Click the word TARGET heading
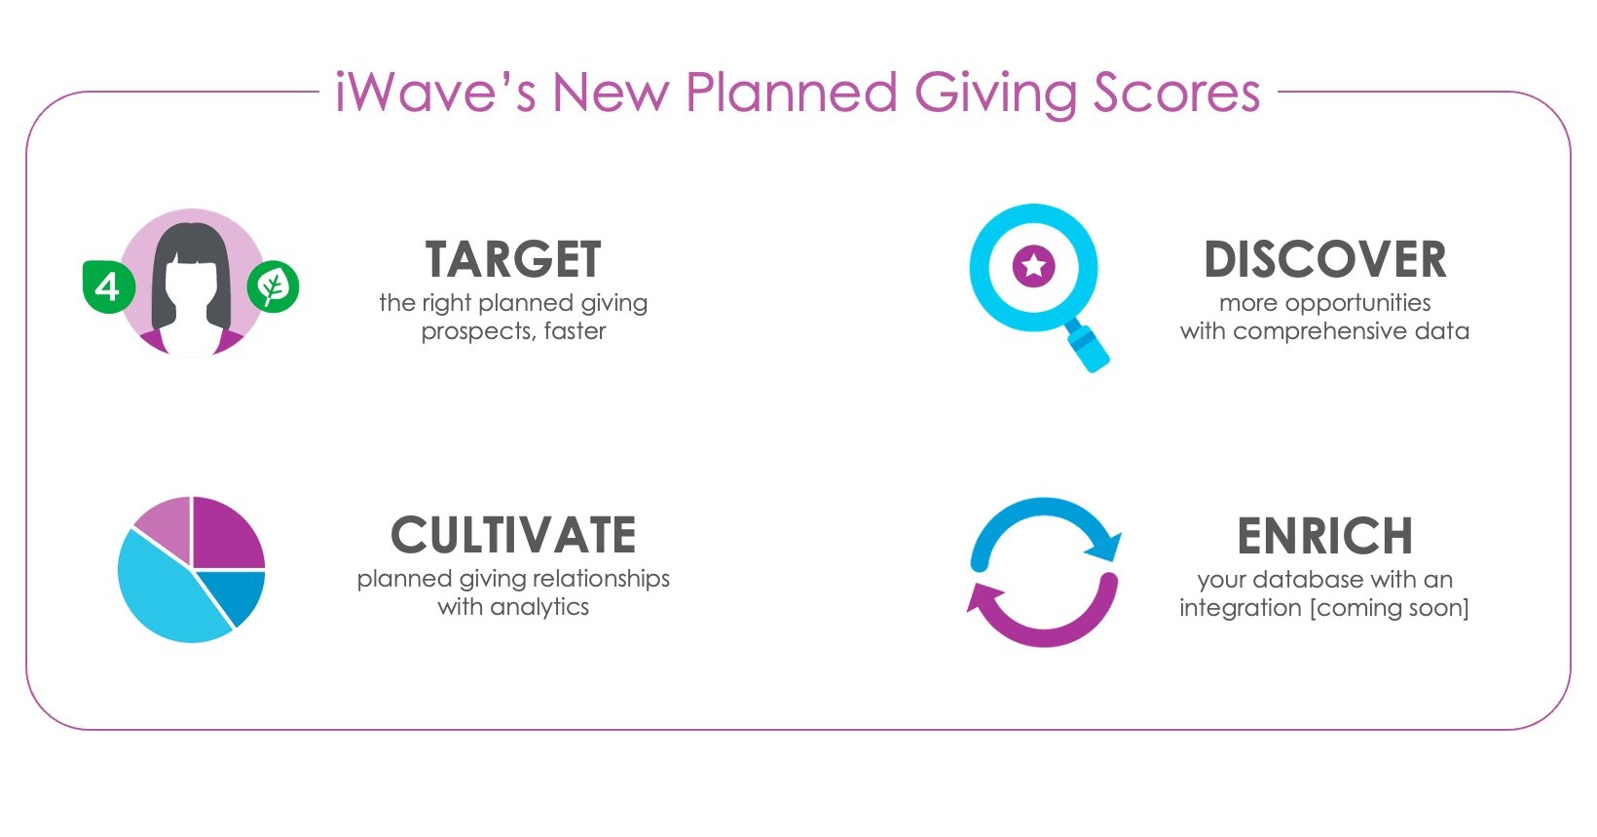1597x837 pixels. (x=513, y=260)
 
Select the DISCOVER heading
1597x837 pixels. (x=1324, y=260)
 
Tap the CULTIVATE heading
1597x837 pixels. (x=513, y=536)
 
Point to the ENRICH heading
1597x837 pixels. (x=1324, y=536)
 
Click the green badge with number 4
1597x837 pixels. (x=107, y=287)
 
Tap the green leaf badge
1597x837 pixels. (x=273, y=287)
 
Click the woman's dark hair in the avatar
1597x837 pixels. (x=191, y=244)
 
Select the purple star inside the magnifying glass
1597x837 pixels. (x=1033, y=265)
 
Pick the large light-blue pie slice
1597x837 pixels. (x=166, y=594)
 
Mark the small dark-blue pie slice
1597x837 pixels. (x=241, y=594)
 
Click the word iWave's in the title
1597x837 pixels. (x=434, y=94)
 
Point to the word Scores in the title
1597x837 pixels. (x=1176, y=94)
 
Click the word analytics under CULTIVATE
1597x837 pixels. (x=540, y=607)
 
